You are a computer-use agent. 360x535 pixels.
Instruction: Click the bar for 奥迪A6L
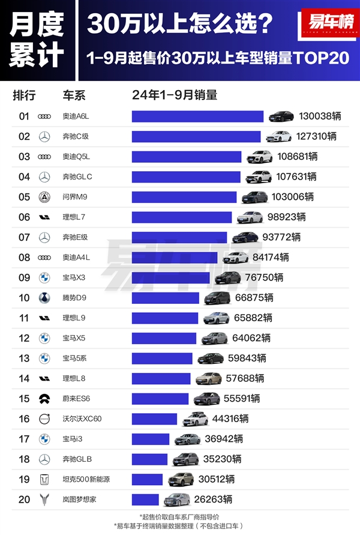click(197, 116)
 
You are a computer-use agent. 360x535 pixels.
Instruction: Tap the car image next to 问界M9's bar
click(255, 197)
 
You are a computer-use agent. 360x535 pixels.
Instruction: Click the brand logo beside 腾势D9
click(44, 298)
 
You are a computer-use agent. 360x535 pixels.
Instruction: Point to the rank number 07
click(24, 237)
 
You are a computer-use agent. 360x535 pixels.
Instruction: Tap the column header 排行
click(24, 95)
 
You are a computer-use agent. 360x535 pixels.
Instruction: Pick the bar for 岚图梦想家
click(145, 500)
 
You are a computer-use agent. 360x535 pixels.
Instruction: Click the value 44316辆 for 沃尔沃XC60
click(230, 419)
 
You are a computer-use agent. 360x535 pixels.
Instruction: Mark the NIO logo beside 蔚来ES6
click(44, 399)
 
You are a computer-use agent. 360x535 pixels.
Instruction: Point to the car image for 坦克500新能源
click(181, 479)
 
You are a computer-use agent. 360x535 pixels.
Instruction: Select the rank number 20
click(24, 500)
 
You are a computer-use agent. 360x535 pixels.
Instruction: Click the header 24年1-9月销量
click(175, 95)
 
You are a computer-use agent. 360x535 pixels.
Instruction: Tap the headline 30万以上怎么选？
click(180, 24)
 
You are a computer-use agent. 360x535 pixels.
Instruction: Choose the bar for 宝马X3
click(171, 277)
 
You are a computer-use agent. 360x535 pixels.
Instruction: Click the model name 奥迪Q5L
click(76, 157)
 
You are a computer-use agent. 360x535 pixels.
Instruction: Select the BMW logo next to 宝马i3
click(44, 439)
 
